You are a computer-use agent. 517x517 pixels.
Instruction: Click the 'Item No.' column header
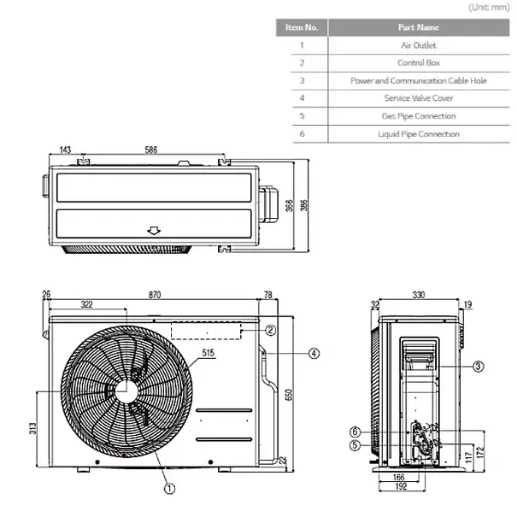click(x=302, y=27)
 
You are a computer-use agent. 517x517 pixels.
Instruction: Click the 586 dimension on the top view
click(x=151, y=150)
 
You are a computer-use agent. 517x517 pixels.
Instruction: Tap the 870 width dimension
click(x=155, y=295)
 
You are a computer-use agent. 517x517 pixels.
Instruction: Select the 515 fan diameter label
click(x=208, y=352)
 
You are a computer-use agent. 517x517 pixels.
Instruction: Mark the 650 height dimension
click(x=288, y=395)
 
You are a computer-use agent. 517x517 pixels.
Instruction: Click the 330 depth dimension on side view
click(x=419, y=295)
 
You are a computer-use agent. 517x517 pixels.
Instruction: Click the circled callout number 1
click(x=169, y=488)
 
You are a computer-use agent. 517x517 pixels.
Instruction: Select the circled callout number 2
click(x=270, y=330)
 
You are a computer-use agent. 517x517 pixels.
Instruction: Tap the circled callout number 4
click(x=314, y=352)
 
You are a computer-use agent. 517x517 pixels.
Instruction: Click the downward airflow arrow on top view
click(x=154, y=230)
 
